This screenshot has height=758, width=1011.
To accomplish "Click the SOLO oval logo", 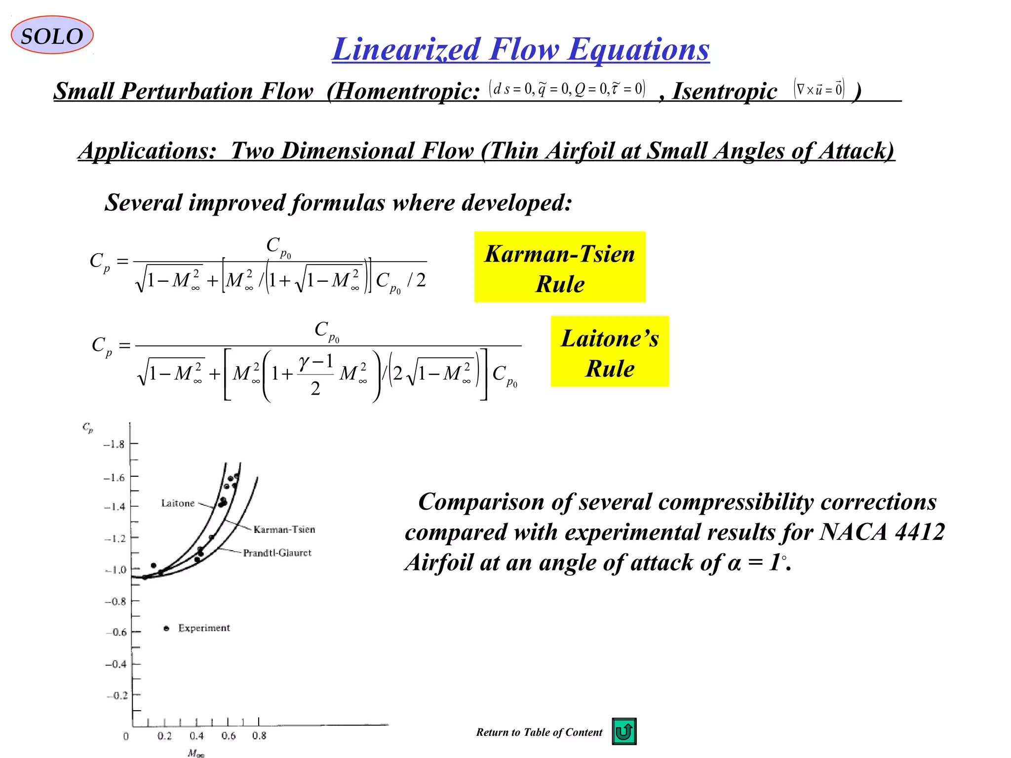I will tap(52, 35).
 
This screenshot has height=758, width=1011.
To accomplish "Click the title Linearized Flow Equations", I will tap(520, 49).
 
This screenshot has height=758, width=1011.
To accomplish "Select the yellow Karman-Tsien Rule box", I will tap(559, 267).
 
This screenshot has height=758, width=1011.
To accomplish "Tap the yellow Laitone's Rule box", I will tap(610, 351).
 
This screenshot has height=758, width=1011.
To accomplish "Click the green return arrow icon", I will tap(624, 731).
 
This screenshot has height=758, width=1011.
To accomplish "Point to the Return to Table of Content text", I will tap(539, 732).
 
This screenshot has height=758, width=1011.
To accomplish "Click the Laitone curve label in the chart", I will tap(178, 503).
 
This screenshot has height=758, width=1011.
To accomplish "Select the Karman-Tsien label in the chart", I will tap(284, 530).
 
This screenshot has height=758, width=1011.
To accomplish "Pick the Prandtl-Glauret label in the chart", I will tap(277, 553).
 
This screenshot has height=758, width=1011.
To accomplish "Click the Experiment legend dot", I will tap(166, 628).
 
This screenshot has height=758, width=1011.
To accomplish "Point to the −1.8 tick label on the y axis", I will tap(114, 444).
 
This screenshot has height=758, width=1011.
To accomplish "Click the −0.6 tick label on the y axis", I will tap(117, 632).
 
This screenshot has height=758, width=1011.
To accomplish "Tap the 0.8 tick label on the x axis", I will tap(259, 736).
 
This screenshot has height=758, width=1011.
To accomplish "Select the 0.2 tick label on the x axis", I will tap(164, 736).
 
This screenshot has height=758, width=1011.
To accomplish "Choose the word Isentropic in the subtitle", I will tap(725, 92).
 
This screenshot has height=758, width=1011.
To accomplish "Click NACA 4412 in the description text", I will tap(882, 532).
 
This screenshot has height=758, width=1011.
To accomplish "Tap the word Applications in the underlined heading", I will tap(147, 151).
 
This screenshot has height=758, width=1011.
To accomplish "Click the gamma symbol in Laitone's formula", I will tap(305, 363).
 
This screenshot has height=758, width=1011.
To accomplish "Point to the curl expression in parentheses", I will tap(819, 89).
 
